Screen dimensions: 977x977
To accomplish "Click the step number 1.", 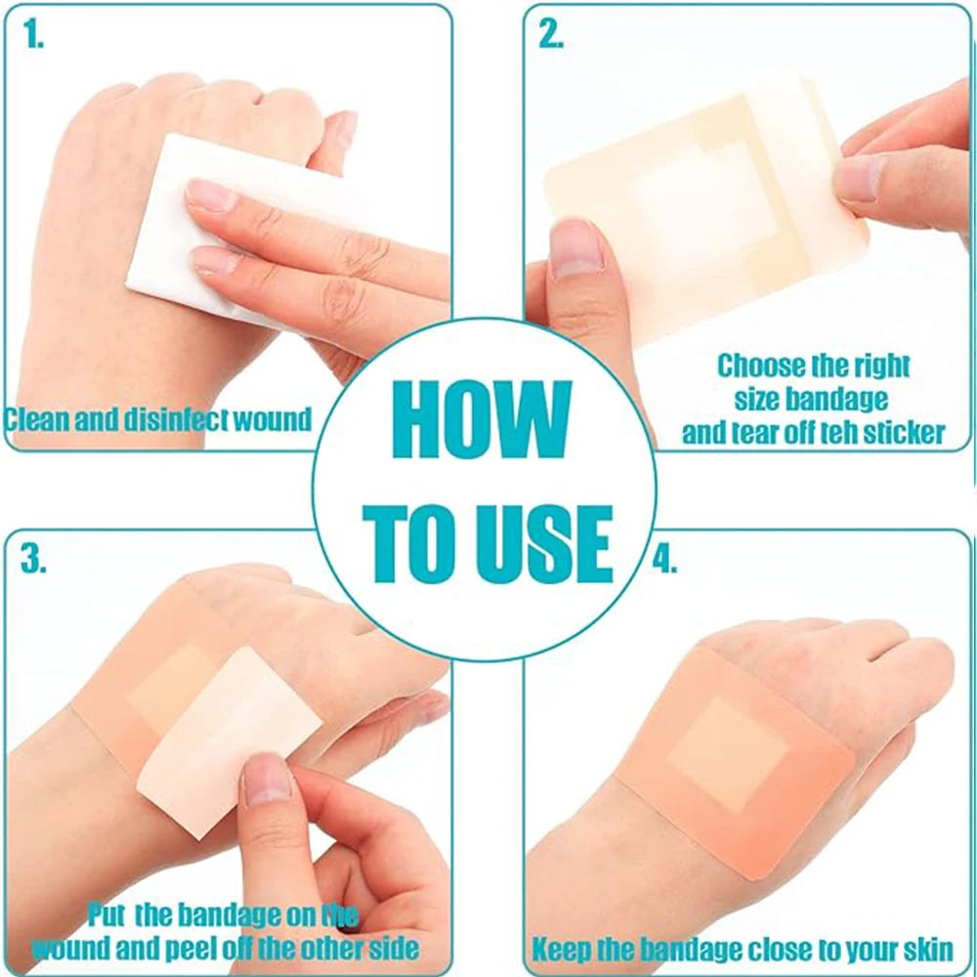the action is [x=33, y=35].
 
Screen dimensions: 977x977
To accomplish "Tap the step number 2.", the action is [x=551, y=34].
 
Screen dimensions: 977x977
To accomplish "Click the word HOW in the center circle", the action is [x=482, y=419].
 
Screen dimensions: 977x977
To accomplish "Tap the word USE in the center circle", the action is [x=544, y=544].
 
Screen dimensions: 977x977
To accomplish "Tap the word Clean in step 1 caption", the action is [x=36, y=419].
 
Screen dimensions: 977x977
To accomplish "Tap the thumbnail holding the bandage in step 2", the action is [x=574, y=249].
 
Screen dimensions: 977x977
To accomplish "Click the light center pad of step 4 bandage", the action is [x=728, y=755].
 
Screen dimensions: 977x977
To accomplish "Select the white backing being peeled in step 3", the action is [x=228, y=742].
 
